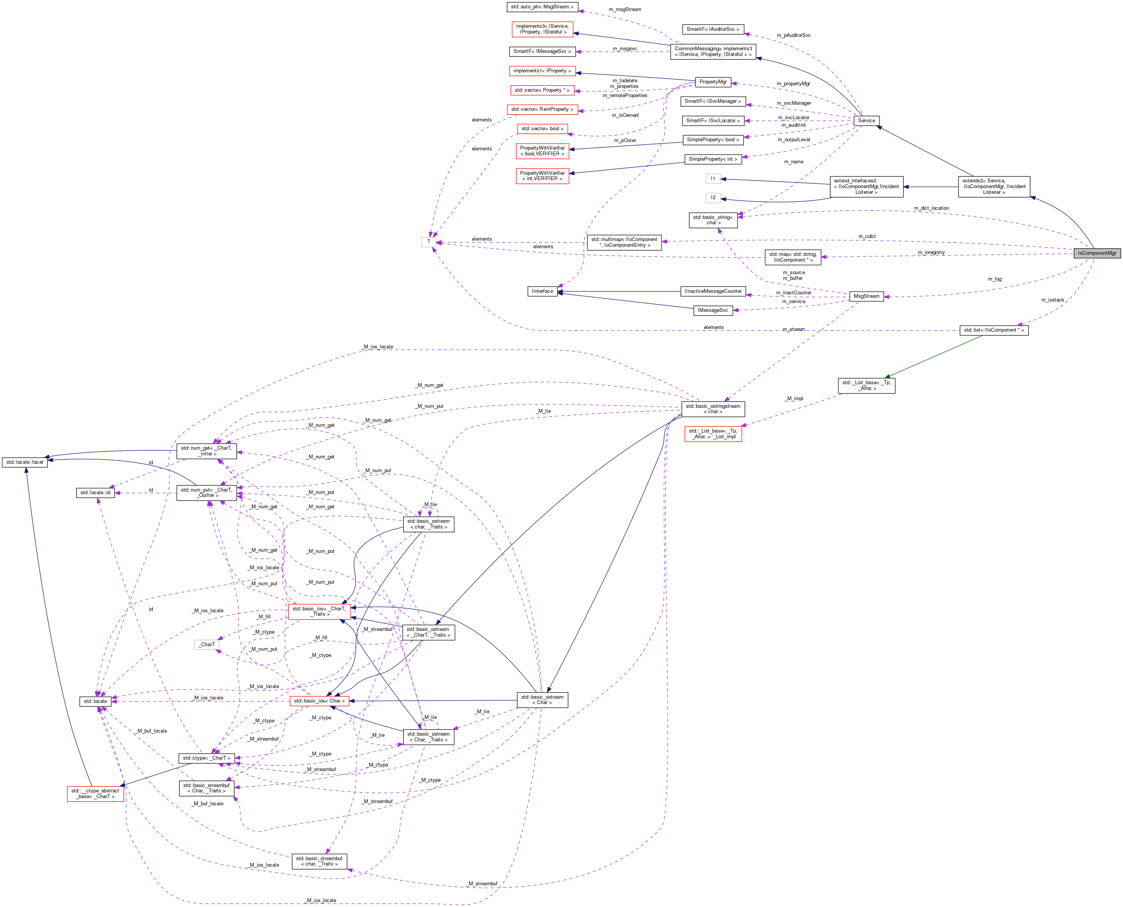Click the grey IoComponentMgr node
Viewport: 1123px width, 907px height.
point(1096,253)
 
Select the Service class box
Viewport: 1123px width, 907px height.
point(866,120)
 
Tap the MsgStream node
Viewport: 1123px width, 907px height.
point(866,296)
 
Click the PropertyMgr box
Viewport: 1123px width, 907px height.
point(713,81)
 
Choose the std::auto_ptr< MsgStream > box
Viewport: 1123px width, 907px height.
point(542,7)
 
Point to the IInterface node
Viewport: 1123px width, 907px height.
point(542,291)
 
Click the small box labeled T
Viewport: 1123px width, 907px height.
point(429,242)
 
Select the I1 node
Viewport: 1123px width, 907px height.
point(713,179)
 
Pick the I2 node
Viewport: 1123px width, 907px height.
point(713,198)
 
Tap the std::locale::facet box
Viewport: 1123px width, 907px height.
point(24,462)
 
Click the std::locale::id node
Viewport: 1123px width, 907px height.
point(95,492)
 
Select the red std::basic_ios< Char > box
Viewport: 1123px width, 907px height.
point(319,701)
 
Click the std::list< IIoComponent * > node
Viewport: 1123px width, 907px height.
point(993,330)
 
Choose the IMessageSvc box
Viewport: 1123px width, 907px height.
point(712,310)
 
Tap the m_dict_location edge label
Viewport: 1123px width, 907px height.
point(931,208)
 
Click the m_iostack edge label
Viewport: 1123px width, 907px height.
point(1053,300)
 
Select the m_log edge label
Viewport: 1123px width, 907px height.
point(994,279)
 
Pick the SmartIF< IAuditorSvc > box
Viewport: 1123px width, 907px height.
point(713,29)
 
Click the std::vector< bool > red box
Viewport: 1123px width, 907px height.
point(542,129)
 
